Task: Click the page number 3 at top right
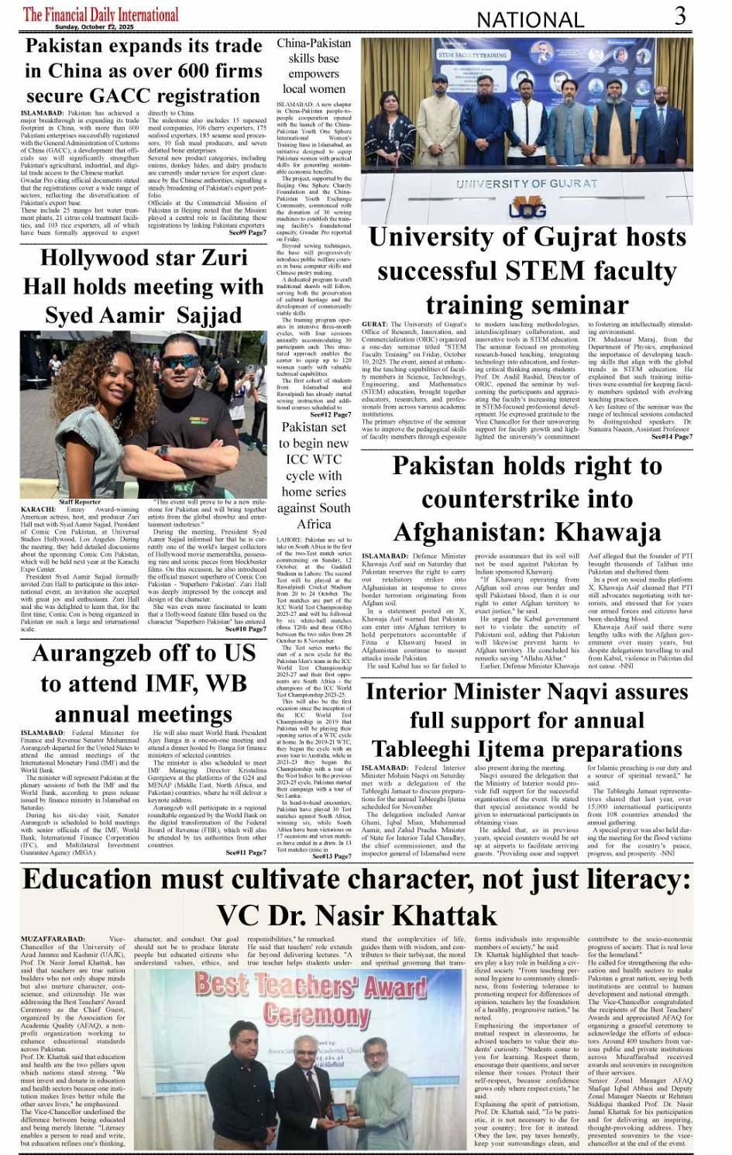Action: click(679, 15)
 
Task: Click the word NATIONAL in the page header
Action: click(530, 19)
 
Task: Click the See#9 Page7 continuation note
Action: click(247, 232)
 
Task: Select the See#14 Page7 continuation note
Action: click(672, 437)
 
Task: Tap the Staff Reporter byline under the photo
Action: click(80, 502)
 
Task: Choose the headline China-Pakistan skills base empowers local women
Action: click(314, 66)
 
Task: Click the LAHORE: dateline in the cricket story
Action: click(290, 540)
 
